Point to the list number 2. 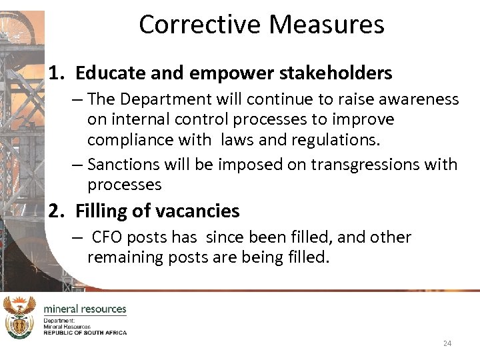[x=55, y=211]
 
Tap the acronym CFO [x=108, y=237]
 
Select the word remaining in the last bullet [x=127, y=257]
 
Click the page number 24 [x=447, y=343]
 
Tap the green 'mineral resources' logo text [x=85, y=309]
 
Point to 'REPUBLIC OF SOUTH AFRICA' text [x=85, y=332]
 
